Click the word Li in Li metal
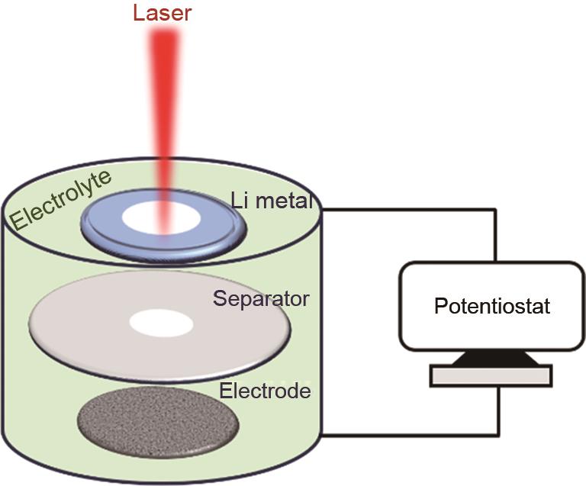pos(241,201)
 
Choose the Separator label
pos(261,298)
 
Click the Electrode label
pos(265,391)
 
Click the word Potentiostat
pos(492,307)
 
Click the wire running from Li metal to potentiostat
pos(412,208)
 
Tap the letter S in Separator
pos(219,298)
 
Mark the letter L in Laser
pos(138,12)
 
